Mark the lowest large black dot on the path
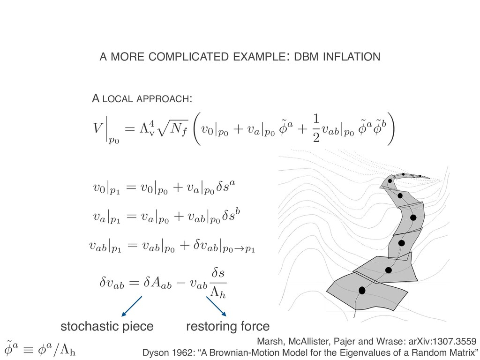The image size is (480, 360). (x=361, y=291)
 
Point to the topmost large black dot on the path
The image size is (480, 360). (x=392, y=181)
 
